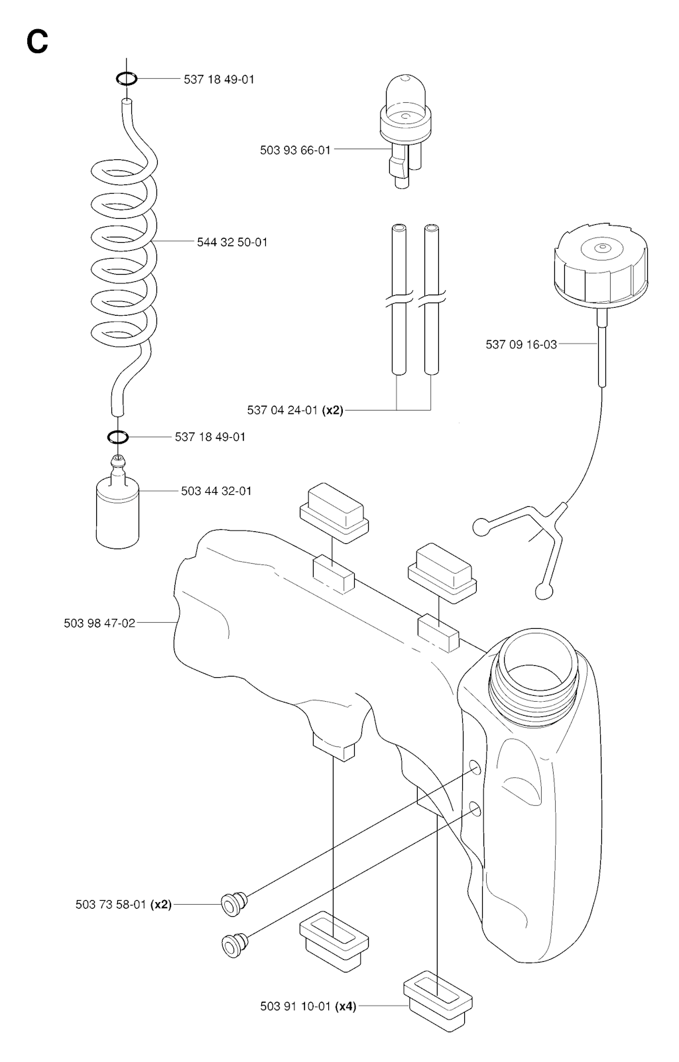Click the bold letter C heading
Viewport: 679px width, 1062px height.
[x=37, y=41]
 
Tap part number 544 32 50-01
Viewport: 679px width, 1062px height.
[x=232, y=242]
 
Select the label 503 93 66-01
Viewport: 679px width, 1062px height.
[x=295, y=151]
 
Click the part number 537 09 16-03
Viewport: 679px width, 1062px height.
[x=521, y=344]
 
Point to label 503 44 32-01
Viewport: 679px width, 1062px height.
[x=216, y=491]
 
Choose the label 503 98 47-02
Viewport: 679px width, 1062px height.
[x=99, y=623]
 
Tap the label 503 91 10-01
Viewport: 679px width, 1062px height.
[x=295, y=1006]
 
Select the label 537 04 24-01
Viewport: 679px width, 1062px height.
[x=284, y=410]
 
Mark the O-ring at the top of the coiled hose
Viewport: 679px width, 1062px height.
[x=127, y=79]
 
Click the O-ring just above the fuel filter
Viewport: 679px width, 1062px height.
[x=118, y=437]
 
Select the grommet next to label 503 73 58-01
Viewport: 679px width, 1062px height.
[x=232, y=903]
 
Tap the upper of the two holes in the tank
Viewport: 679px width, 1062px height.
[x=475, y=768]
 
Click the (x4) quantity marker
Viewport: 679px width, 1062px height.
[x=346, y=1006]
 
